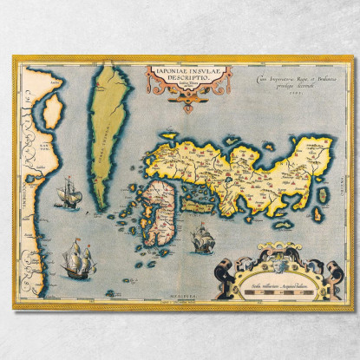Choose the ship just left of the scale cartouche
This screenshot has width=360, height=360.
[200, 236]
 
